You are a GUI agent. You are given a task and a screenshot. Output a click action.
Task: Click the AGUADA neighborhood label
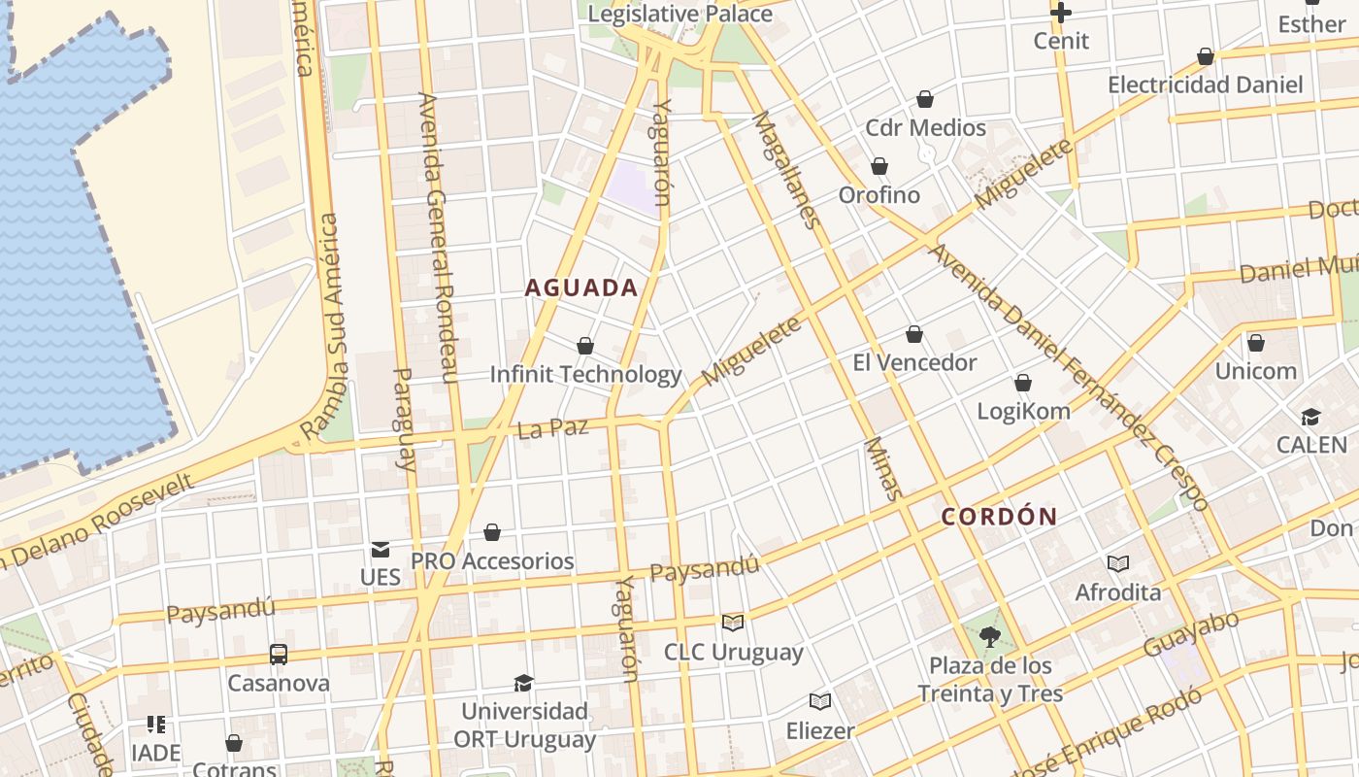581,287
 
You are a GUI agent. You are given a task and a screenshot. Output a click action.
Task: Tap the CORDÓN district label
999,517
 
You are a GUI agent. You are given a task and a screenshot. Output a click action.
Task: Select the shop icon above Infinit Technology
585,346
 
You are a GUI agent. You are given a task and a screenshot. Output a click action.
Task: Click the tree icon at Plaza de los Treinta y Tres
990,637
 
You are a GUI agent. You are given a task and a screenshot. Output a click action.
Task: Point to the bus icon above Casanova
279,654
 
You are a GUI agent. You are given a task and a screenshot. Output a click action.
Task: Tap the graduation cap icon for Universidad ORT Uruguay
524,683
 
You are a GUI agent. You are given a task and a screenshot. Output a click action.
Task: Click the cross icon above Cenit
1061,13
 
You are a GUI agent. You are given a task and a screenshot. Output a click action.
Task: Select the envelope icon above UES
381,550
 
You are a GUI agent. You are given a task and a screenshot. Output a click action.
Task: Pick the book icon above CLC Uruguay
733,623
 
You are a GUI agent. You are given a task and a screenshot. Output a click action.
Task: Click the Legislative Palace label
680,14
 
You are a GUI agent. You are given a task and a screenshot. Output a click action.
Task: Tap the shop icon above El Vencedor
914,335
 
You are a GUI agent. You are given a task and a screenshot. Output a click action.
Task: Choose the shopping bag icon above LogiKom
1023,383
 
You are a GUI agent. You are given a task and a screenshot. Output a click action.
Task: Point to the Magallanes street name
786,170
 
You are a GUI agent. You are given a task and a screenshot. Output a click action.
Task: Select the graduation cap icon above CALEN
1311,418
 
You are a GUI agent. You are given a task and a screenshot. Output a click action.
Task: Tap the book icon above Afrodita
1118,563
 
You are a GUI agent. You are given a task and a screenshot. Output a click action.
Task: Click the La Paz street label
553,427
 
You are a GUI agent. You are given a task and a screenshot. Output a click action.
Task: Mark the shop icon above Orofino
879,166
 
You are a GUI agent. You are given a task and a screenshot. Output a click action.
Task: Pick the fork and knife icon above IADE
156,725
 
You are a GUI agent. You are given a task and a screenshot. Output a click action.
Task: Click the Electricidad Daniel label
1206,84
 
